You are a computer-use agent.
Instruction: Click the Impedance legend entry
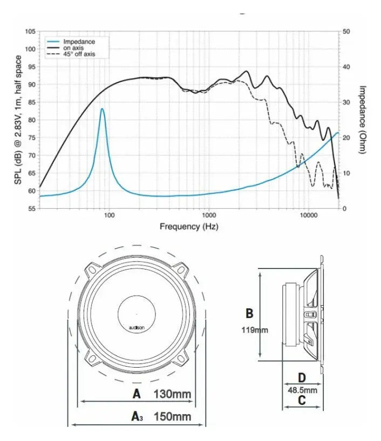[79, 42]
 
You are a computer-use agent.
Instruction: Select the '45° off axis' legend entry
[79, 54]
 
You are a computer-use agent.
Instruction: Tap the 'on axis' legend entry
[73, 48]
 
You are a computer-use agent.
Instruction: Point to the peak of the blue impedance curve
[102, 109]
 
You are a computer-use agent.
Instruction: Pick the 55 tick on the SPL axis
[32, 208]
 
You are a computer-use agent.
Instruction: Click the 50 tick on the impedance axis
[346, 32]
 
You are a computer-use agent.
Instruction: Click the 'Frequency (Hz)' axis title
[189, 227]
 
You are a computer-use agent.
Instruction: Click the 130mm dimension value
[173, 394]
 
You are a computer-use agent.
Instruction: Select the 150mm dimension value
[172, 417]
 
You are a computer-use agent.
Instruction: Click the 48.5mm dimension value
[302, 389]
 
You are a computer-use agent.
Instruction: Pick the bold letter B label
[250, 313]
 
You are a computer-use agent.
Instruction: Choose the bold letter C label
[302, 401]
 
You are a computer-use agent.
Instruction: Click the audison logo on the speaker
[136, 328]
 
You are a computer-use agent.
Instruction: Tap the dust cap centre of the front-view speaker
[137, 314]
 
